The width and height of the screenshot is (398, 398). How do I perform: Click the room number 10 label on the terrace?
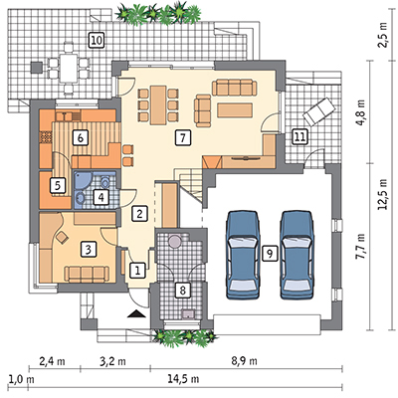[97, 41]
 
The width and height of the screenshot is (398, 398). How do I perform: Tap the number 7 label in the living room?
[182, 137]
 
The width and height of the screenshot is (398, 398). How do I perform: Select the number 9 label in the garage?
[269, 254]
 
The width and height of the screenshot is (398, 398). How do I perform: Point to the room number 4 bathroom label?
[100, 198]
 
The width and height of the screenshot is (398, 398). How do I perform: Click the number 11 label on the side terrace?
[299, 137]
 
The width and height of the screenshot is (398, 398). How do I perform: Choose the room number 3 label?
[89, 250]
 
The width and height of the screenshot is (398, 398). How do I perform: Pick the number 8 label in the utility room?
[182, 291]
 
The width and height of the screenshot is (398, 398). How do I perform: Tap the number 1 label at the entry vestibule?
[137, 271]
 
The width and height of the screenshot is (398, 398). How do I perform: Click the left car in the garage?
[243, 256]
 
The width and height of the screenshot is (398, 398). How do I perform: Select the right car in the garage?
[297, 256]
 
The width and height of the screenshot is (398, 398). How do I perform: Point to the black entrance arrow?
[136, 314]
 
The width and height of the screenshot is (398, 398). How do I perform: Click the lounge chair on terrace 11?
[317, 111]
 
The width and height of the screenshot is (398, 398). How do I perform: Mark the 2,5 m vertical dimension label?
[383, 36]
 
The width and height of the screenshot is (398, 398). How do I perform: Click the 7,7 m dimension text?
[361, 247]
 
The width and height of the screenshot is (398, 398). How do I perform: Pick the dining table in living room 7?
[158, 104]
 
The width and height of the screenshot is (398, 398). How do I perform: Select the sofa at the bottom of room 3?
[87, 274]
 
